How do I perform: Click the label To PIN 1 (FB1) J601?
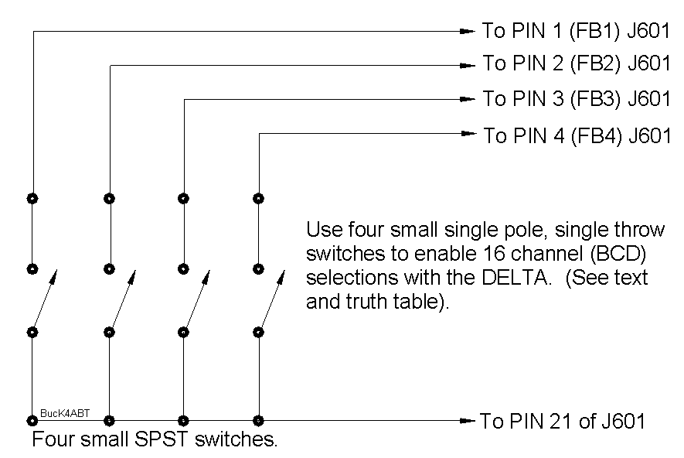click(x=575, y=32)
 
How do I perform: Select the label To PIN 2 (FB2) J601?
click(x=576, y=63)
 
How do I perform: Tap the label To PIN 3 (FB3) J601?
click(x=576, y=99)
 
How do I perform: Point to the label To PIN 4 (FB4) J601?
click(x=577, y=136)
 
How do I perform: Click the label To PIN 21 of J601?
click(x=562, y=422)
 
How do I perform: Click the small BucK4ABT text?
click(x=64, y=413)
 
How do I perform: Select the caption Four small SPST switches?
click(x=155, y=442)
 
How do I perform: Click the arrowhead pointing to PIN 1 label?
click(x=467, y=32)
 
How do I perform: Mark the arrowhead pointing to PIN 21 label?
click(x=466, y=421)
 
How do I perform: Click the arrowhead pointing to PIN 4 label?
click(x=468, y=134)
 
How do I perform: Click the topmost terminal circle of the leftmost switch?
click(x=32, y=198)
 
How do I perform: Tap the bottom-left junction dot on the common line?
click(x=32, y=421)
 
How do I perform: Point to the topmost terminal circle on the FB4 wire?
click(x=259, y=198)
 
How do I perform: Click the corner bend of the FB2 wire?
click(x=110, y=66)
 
